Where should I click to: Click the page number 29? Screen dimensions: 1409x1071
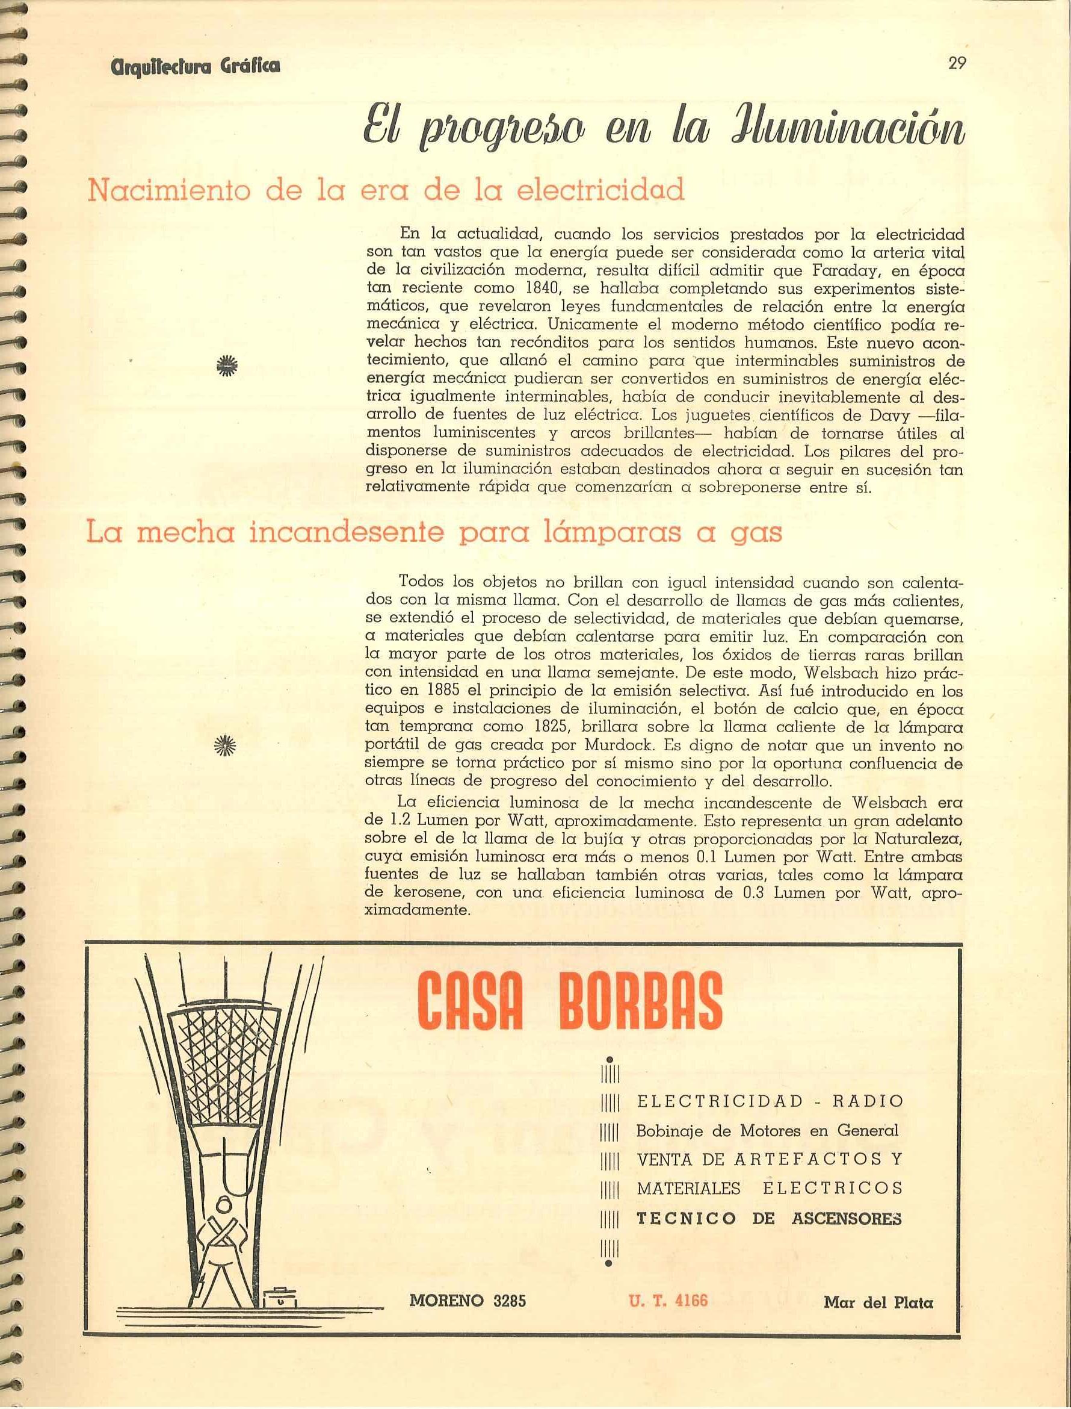(x=957, y=63)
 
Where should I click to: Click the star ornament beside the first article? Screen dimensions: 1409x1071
(x=225, y=364)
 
